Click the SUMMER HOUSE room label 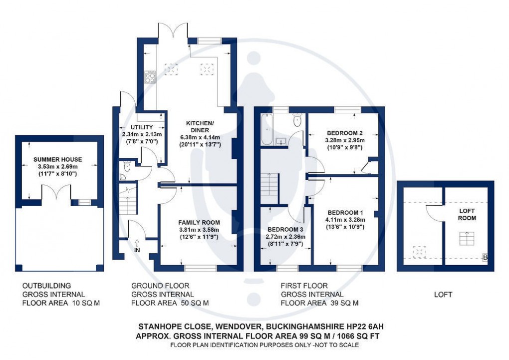coord(57,159)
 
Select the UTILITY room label coord(134,127)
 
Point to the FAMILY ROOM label coord(199,222)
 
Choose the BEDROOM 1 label coord(345,212)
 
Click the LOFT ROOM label coord(468,214)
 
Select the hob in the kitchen coord(149,77)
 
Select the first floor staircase coord(269,185)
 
